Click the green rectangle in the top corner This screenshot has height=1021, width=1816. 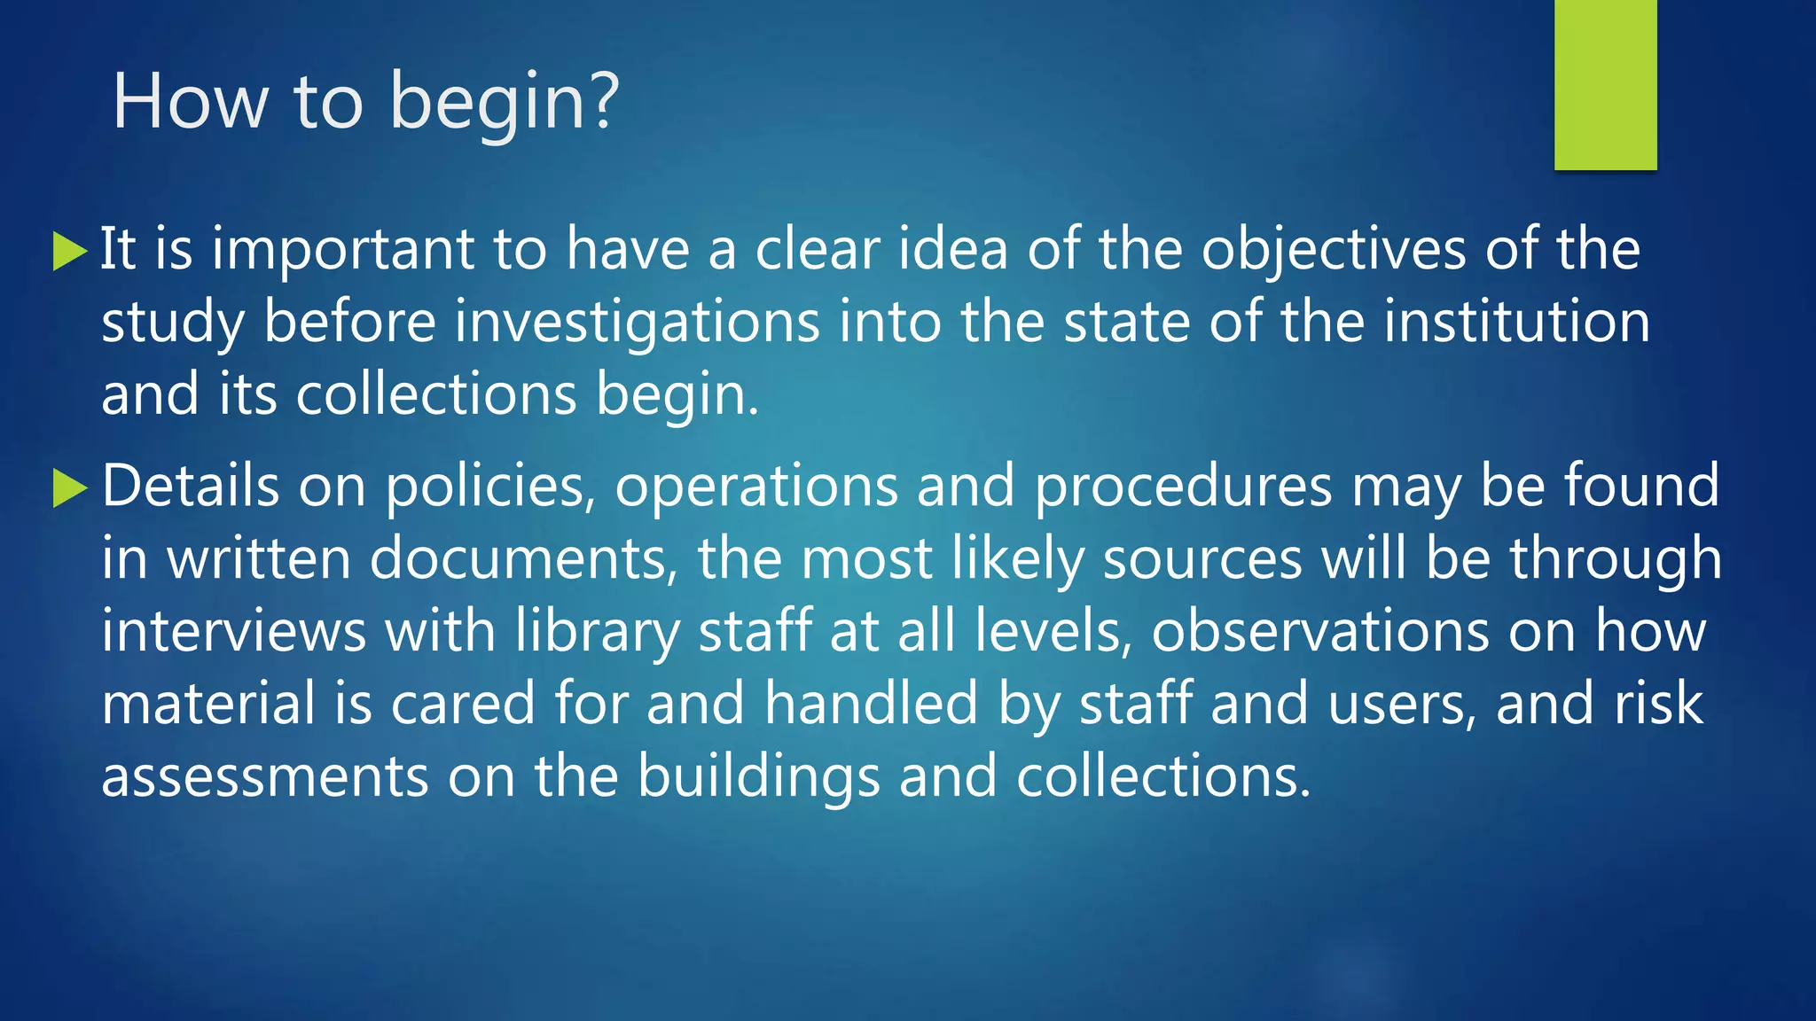point(1605,84)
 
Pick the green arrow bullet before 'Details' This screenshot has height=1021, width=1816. point(70,488)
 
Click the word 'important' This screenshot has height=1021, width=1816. point(342,250)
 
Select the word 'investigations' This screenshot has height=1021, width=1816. point(637,323)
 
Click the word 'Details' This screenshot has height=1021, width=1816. point(190,486)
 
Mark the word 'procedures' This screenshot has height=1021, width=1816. point(1183,487)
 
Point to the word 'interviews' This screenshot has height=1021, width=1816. point(233,632)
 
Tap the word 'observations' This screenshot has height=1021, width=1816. point(1319,632)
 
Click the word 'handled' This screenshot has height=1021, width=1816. point(871,704)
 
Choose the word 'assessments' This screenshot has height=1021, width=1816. point(265,777)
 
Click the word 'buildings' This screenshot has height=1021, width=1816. point(758,777)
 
